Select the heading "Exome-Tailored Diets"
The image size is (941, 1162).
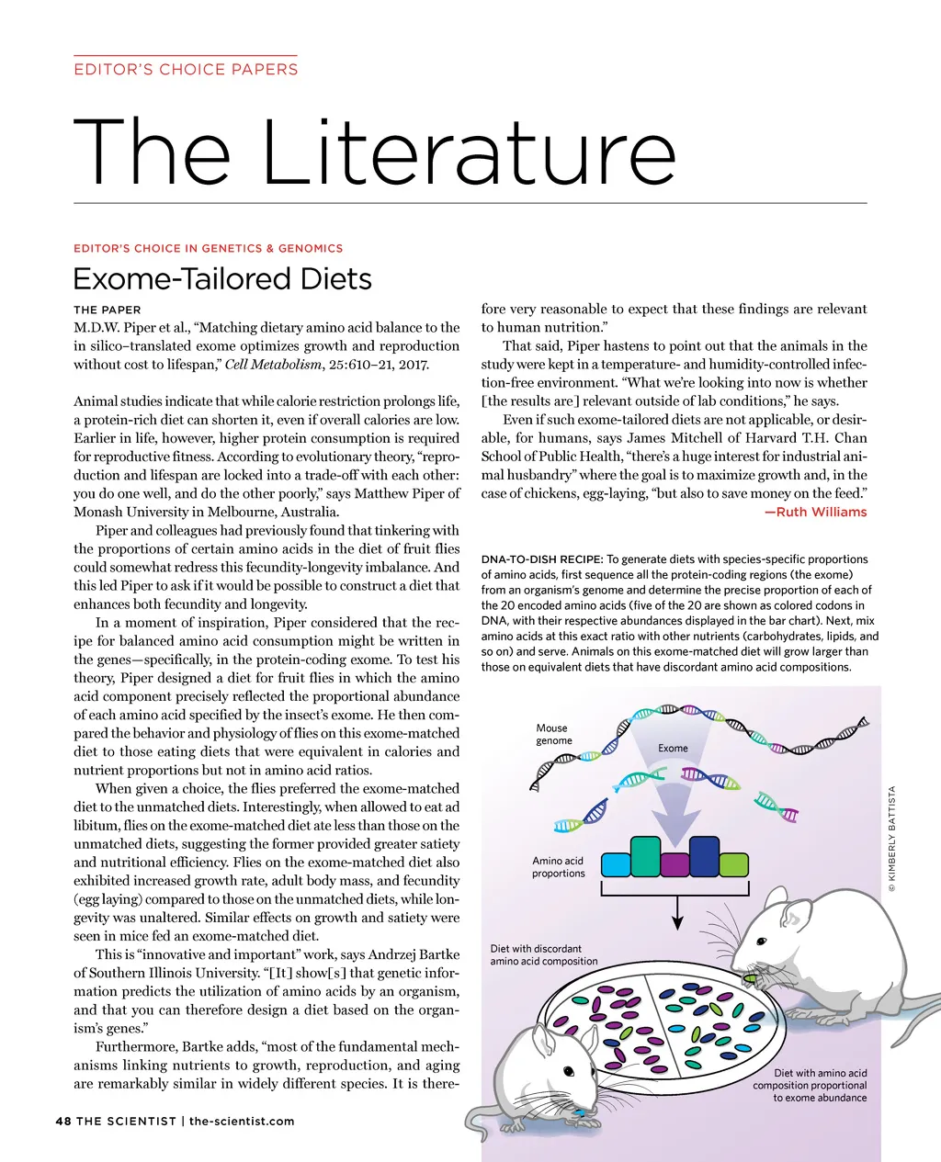[222, 279]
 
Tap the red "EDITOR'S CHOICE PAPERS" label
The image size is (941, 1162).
[186, 69]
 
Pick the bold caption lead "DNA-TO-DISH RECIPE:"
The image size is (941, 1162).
[541, 559]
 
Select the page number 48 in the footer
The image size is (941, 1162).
[63, 1121]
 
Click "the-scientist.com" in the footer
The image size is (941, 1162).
[242, 1121]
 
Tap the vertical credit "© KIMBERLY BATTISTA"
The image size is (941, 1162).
[891, 838]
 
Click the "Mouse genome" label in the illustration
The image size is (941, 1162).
[553, 734]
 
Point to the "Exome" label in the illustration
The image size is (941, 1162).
[673, 749]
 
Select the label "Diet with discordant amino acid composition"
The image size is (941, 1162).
[543, 954]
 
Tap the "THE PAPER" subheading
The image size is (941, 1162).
[108, 310]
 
